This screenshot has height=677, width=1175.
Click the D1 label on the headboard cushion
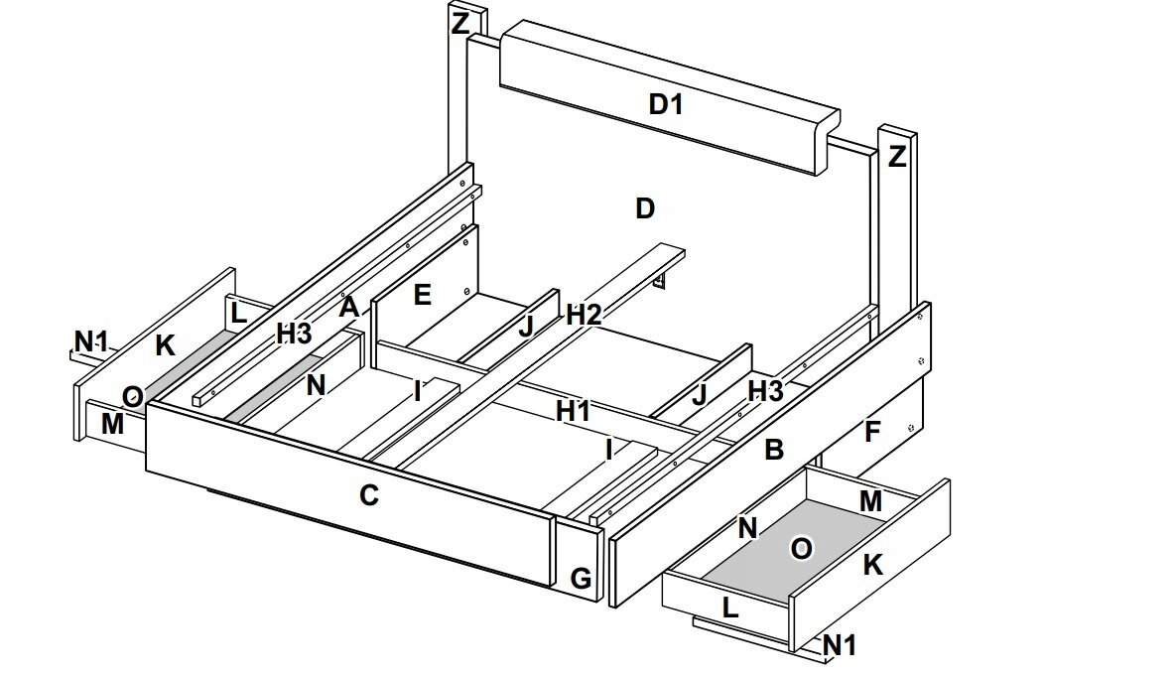click(x=666, y=104)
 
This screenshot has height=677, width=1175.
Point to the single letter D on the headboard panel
click(x=645, y=208)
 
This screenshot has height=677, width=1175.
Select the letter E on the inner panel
click(x=423, y=295)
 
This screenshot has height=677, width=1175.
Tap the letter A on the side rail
click(x=347, y=307)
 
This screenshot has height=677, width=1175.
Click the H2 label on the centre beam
click(x=585, y=316)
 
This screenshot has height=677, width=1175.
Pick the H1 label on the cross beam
click(x=573, y=411)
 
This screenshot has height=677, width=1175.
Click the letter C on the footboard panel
click(x=369, y=495)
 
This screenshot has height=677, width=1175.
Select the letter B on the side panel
click(x=774, y=451)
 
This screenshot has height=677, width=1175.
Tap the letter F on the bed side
click(x=872, y=433)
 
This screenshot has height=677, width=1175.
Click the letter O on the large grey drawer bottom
click(x=799, y=549)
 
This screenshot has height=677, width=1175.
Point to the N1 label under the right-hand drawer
click(x=840, y=646)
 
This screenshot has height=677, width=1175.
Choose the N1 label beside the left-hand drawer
click(x=90, y=342)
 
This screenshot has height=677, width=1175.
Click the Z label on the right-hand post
click(x=896, y=157)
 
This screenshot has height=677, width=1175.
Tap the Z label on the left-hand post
click(x=460, y=24)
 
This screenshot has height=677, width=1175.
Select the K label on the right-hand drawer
click(x=872, y=565)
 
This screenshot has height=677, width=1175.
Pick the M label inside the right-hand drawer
click(x=870, y=502)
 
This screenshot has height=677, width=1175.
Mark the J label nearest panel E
click(x=526, y=328)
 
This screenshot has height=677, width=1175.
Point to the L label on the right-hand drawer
click(x=729, y=609)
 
